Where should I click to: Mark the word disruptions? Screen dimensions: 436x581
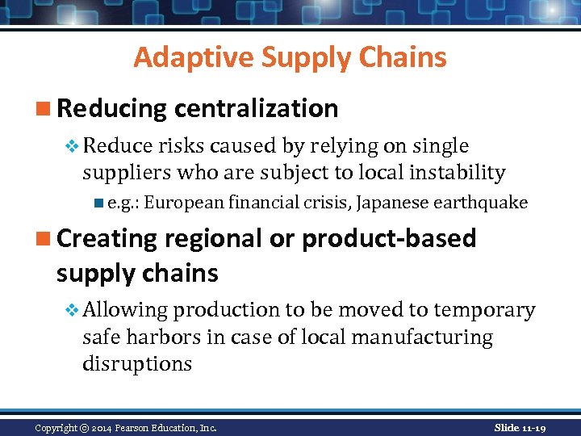[136, 364]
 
